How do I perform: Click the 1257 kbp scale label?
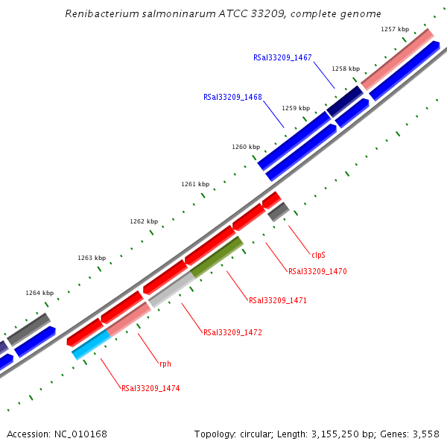(x=394, y=29)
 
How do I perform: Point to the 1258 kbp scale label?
(x=346, y=69)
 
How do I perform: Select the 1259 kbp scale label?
(x=295, y=108)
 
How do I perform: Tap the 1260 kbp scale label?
(x=246, y=147)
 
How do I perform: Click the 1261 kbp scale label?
(x=195, y=184)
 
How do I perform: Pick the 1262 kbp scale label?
(x=144, y=221)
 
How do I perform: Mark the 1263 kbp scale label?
(x=92, y=258)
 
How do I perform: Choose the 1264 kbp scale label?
(x=39, y=293)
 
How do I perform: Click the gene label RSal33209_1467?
(x=282, y=57)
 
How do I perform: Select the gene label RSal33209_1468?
(x=232, y=97)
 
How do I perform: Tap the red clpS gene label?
(x=318, y=254)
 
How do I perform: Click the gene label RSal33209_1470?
(x=317, y=271)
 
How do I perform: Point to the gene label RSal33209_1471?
(x=278, y=300)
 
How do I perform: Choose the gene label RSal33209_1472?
(x=232, y=332)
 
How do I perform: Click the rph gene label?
(x=165, y=364)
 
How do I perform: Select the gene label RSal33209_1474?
(x=150, y=388)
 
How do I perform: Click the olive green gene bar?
(x=217, y=257)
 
